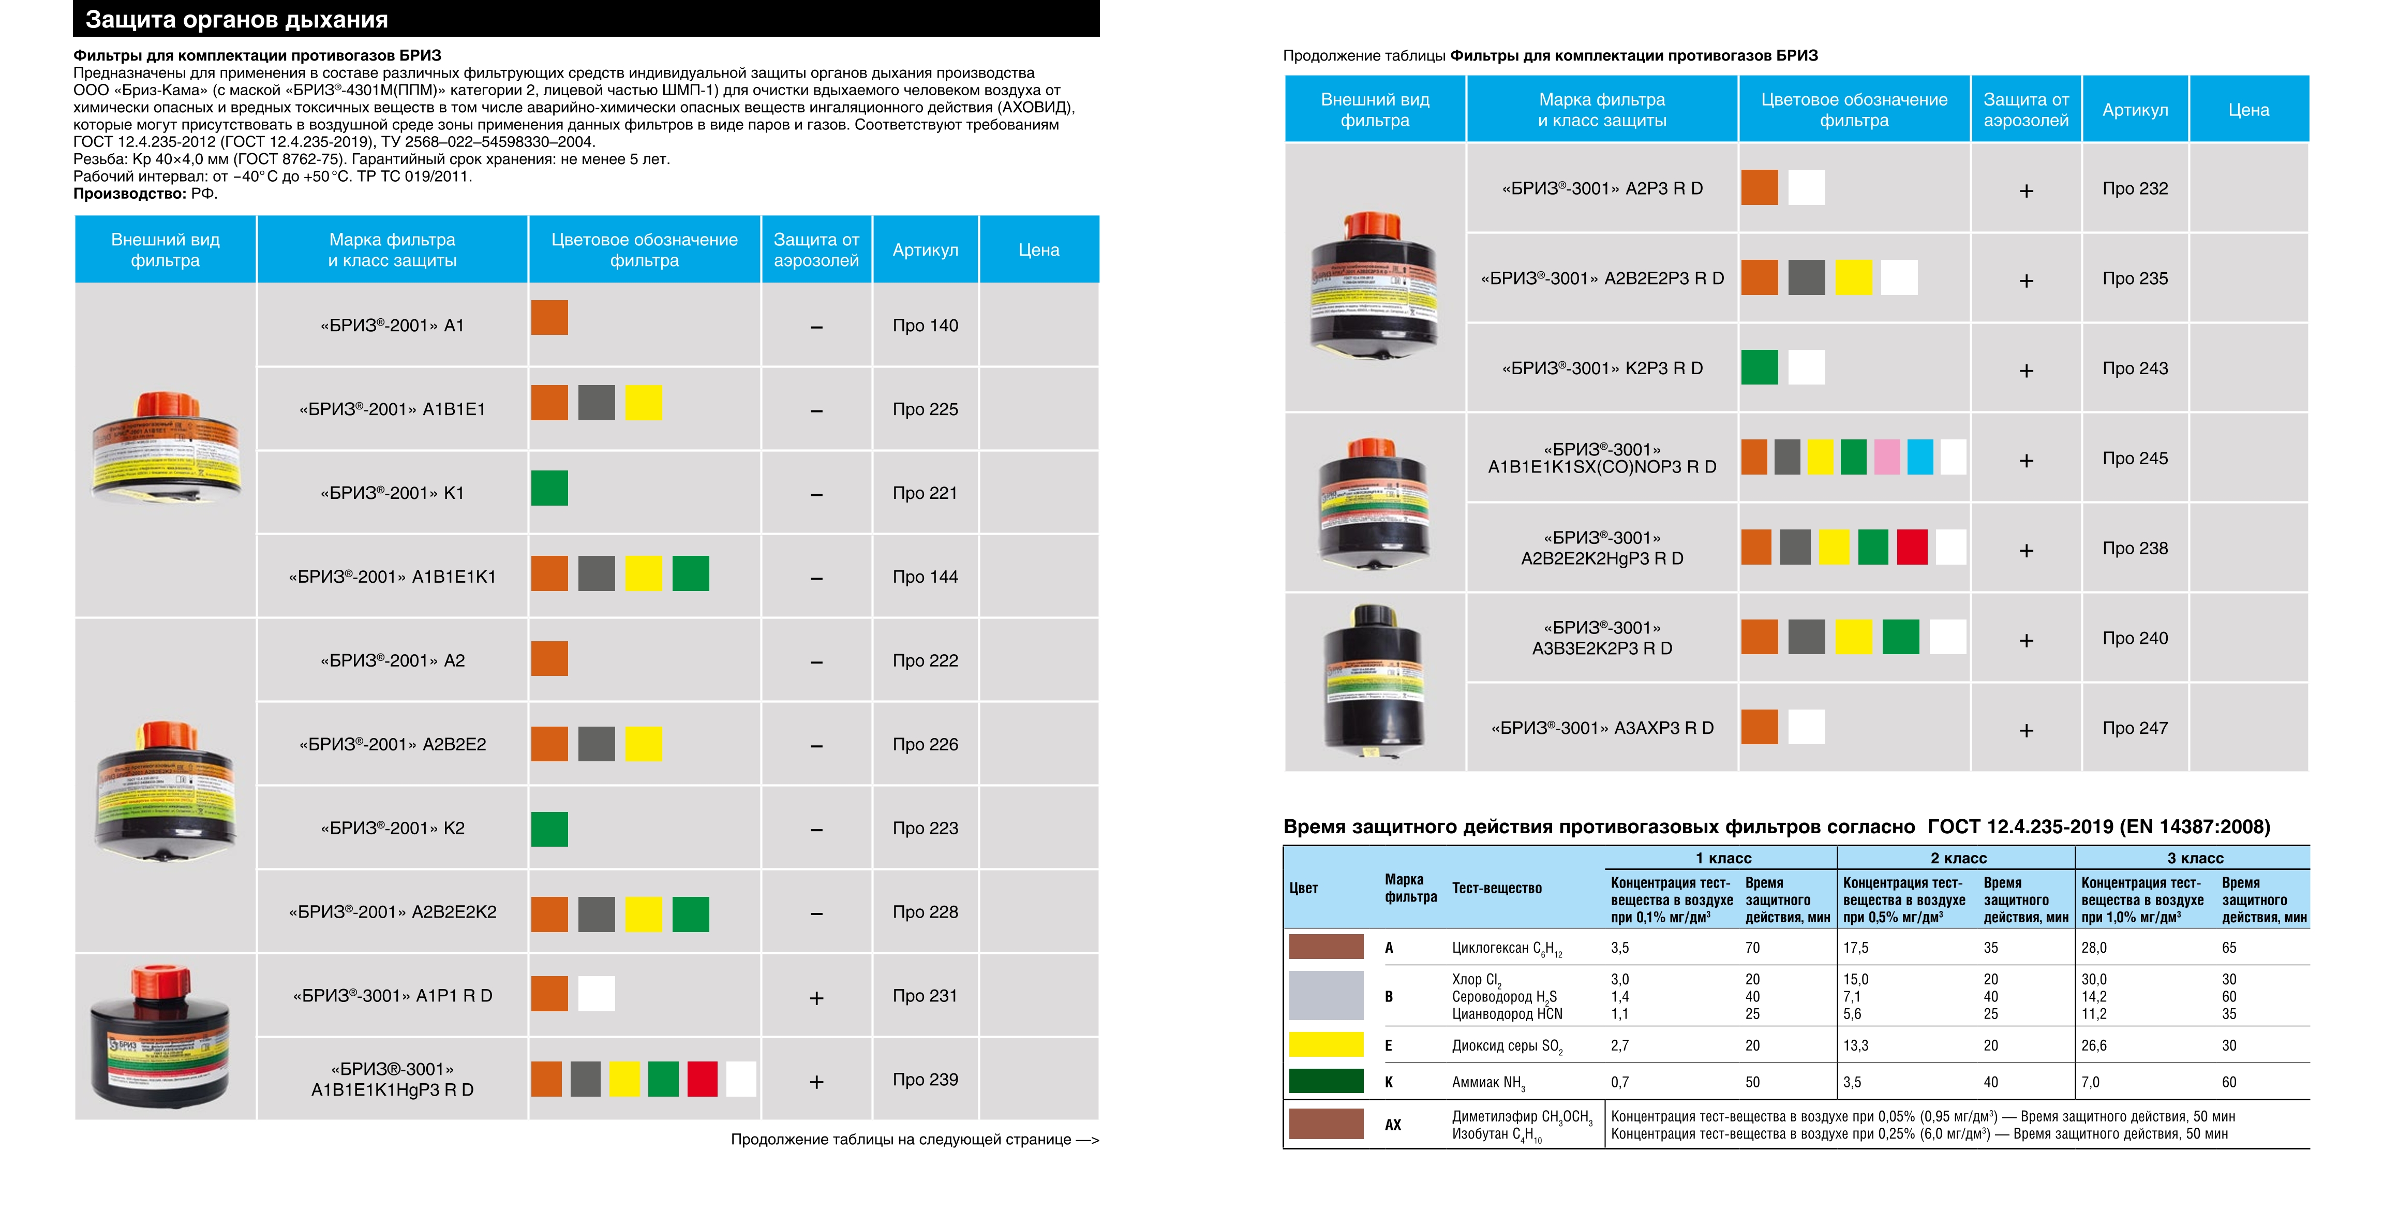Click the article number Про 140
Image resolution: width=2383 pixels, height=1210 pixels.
pos(925,326)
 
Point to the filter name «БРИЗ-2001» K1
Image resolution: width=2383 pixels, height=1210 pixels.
pos(392,493)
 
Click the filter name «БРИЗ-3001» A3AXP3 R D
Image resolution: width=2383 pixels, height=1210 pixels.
pos(1602,728)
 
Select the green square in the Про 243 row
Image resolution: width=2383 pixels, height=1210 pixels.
pos(1760,367)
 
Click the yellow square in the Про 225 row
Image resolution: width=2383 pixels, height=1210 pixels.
pos(644,403)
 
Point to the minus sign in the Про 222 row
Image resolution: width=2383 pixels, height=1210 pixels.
pos(816,662)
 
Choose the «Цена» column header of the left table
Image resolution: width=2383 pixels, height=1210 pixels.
pos(1039,250)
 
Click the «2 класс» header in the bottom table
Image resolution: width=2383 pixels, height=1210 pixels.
pos(1958,859)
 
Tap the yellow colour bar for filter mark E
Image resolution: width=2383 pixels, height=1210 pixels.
pos(1325,1044)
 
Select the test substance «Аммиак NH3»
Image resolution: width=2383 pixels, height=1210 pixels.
pos(1488,1082)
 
